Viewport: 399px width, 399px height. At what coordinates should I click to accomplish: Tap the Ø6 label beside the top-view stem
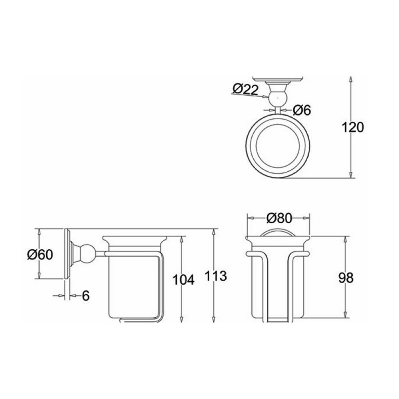[302, 110]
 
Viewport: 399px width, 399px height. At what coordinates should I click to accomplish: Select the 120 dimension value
[353, 127]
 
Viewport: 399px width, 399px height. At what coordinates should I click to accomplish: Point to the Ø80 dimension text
[279, 218]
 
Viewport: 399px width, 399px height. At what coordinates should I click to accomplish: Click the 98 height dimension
[346, 278]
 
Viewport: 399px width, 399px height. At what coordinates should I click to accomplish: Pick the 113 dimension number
[216, 276]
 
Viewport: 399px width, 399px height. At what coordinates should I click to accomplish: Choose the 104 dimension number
[183, 280]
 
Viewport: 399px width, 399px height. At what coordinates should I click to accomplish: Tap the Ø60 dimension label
[40, 254]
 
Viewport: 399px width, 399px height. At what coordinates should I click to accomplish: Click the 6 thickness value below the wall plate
[86, 295]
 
